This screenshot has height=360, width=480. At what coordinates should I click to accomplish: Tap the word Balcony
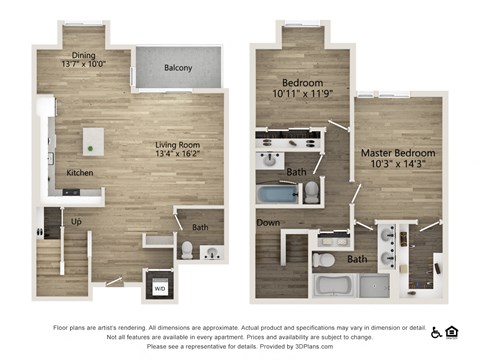tap(180, 68)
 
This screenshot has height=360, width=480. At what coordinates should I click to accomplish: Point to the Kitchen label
tap(80, 173)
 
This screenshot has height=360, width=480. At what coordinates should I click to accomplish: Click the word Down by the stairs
tap(267, 222)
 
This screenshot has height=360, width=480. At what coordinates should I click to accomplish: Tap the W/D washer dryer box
tap(160, 288)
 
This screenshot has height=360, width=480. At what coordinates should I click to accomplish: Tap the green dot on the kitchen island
tap(91, 148)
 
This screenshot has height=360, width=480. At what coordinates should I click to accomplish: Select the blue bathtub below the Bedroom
tap(277, 192)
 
